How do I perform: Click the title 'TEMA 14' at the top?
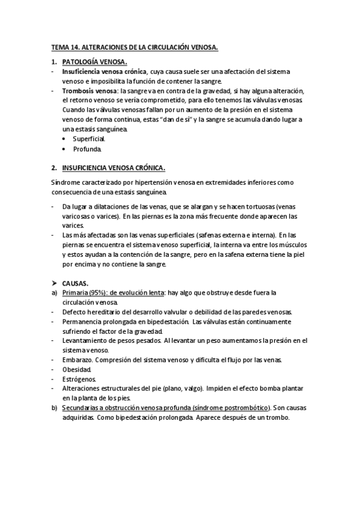click(68, 46)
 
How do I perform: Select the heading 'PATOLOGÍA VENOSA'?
click(94, 61)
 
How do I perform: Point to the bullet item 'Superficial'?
click(89, 139)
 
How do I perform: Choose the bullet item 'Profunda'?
click(87, 149)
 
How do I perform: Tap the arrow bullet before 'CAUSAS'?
click(54, 283)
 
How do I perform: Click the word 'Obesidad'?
click(76, 369)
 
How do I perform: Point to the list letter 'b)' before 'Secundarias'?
click(55, 408)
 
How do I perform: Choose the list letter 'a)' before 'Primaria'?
click(55, 292)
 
